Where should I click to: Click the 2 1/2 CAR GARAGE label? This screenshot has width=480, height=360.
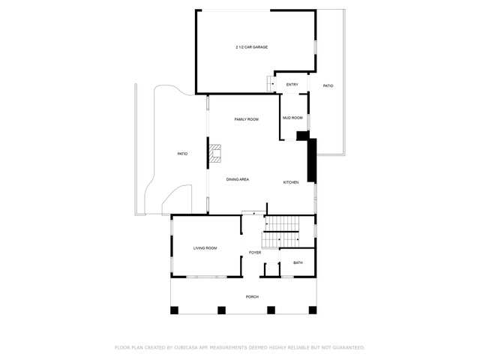(252, 47)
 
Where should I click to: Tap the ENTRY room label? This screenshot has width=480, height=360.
(292, 85)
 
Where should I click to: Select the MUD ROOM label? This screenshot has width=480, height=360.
(292, 118)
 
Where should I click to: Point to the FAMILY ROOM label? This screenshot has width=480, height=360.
(247, 119)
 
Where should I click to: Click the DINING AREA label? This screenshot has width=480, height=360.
(238, 179)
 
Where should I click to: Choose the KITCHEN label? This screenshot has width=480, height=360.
(291, 182)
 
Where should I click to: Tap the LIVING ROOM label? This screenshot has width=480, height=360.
(205, 248)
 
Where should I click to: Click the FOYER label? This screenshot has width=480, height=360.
(255, 253)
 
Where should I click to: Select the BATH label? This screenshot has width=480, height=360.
(298, 262)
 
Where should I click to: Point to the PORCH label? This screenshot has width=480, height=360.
(252, 297)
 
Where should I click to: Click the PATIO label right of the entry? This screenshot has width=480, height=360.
(328, 86)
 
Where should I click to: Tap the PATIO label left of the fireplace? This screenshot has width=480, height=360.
(182, 154)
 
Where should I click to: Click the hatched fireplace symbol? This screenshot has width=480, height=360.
(215, 154)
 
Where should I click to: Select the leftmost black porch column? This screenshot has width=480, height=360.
(174, 310)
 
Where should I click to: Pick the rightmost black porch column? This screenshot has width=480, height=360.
(313, 310)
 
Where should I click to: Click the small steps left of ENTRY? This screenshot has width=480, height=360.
(271, 83)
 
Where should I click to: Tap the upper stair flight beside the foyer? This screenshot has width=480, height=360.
(282, 223)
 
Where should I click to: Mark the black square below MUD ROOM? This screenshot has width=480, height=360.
(302, 136)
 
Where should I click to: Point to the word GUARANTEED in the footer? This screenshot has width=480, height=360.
(349, 348)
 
